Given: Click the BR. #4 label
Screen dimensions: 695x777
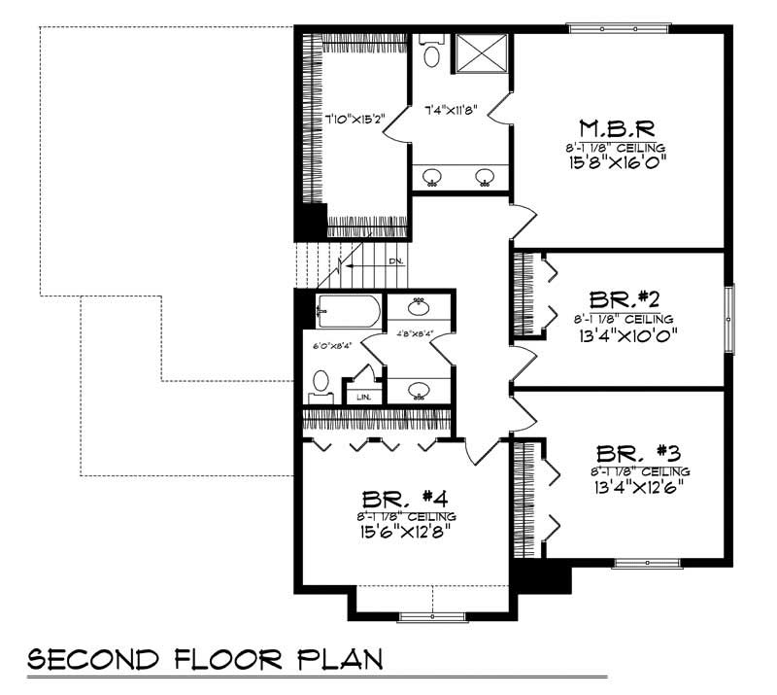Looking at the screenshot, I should click(405, 496).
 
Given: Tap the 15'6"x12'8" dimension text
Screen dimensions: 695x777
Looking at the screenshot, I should click(405, 533).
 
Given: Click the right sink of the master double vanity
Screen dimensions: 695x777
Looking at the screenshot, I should click(485, 177).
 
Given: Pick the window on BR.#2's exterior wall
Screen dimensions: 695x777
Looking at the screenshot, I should click(732, 318).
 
